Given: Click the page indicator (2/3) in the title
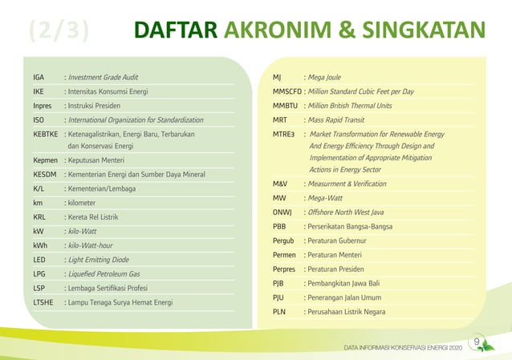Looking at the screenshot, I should pos(58,30).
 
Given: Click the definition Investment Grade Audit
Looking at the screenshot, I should pos(103,78).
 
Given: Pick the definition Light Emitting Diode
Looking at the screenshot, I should pos(99,260).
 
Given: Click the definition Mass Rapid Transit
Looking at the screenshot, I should pos(336,119).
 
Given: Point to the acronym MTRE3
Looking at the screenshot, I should pos(284,134).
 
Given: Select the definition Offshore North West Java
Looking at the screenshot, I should pos(349,212).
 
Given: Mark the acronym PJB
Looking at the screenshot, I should pos(279,284).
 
